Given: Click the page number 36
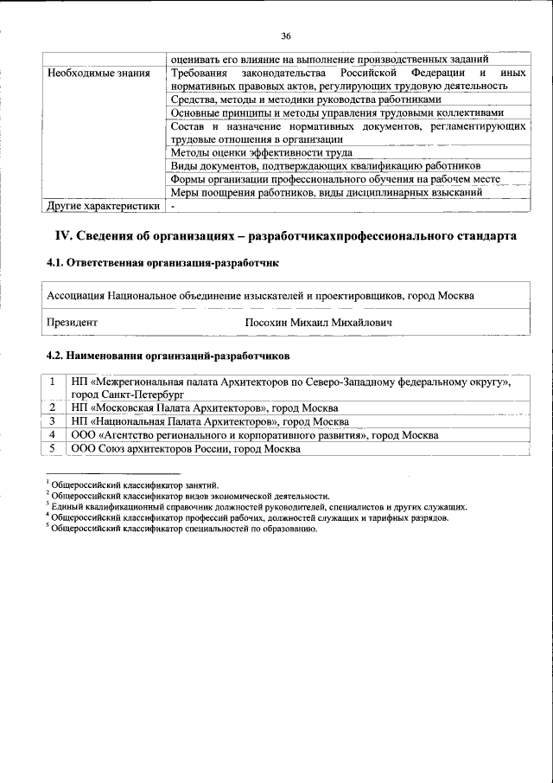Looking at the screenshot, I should point(286,35).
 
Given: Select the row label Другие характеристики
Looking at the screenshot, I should point(103,207).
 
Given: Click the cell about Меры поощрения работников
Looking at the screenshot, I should point(326,192).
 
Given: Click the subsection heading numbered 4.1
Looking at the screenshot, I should point(162,263).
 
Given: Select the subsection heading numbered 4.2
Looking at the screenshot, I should point(168,356).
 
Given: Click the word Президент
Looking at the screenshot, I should point(72,323).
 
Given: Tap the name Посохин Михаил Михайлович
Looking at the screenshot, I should point(319,323).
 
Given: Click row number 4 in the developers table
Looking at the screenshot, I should point(54,434).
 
